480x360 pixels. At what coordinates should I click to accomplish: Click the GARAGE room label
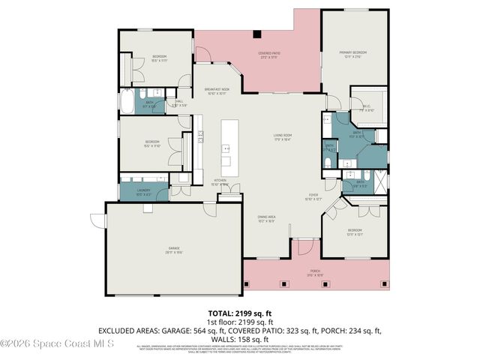coord(173,250)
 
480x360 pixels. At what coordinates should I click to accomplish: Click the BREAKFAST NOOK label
coord(216,91)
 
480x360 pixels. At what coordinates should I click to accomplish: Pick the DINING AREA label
coord(266,218)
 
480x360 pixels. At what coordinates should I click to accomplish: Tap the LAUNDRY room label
coord(143,192)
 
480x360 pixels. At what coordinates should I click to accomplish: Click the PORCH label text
coord(316,273)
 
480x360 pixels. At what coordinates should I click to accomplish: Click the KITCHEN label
coord(220,181)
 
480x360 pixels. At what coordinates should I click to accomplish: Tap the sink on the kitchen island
coord(226,148)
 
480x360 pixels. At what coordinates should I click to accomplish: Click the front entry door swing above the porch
coord(304,248)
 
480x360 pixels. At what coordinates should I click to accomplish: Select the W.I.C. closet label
coord(367,106)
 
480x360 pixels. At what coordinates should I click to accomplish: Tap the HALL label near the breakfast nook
coord(179,103)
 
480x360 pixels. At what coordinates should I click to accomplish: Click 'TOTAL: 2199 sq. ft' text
coord(240,313)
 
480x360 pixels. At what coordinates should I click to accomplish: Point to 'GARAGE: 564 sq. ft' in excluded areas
coord(199,330)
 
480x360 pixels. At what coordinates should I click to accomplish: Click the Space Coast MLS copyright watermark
coord(56,343)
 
